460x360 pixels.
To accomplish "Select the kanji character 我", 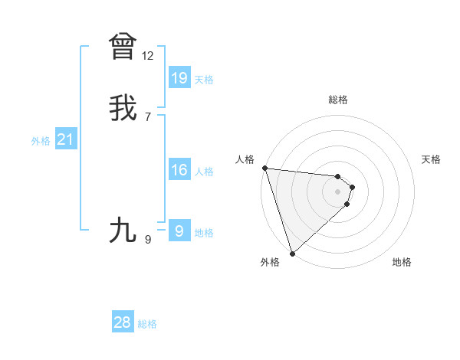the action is (x=123, y=108).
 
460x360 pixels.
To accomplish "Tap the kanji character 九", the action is (x=123, y=230).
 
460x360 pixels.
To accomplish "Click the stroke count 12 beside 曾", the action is (x=148, y=56).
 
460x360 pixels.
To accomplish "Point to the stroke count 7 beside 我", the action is (x=148, y=117).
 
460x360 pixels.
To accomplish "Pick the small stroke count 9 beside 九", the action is (x=148, y=240).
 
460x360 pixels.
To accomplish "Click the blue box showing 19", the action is (x=179, y=78).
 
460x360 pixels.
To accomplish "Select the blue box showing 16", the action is (x=179, y=170).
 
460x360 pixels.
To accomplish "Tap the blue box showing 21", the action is (x=65, y=139).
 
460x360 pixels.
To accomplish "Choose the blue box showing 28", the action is (x=123, y=322).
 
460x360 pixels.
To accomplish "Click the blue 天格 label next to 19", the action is (x=204, y=80).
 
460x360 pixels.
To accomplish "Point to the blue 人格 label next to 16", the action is (x=204, y=172).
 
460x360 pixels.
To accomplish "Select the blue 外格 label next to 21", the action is (x=41, y=141).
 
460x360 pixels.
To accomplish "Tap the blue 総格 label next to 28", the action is (x=147, y=324).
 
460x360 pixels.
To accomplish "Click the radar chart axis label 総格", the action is (x=338, y=100).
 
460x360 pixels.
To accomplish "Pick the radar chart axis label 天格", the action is (x=432, y=159).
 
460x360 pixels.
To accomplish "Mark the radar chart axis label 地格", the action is (x=402, y=262).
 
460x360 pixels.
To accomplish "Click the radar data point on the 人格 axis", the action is (x=264, y=168).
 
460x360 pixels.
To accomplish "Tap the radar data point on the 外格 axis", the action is (x=291, y=253).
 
